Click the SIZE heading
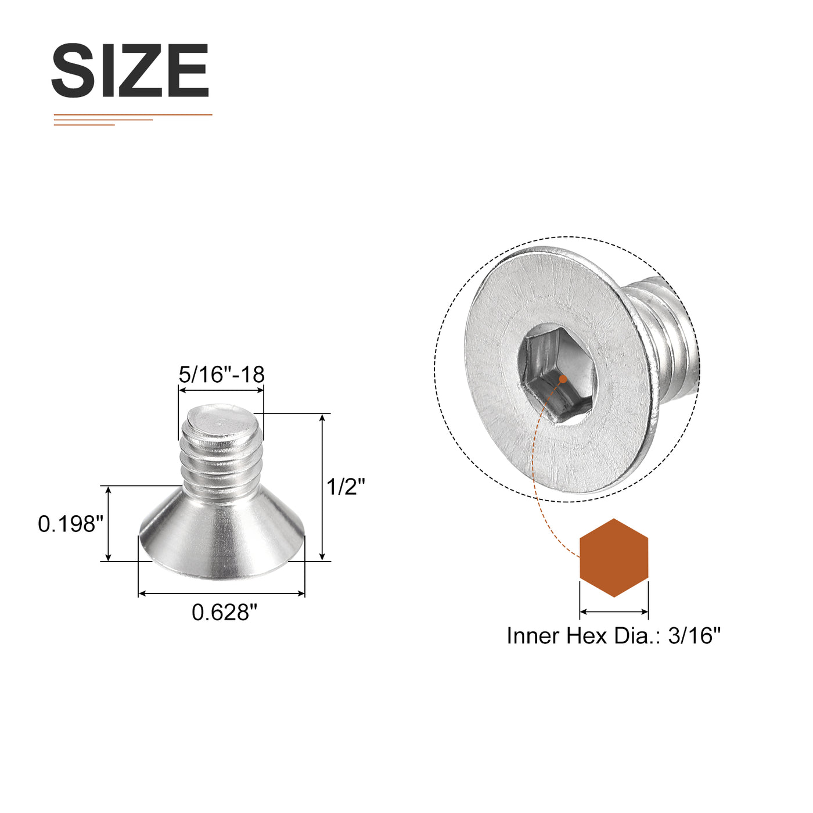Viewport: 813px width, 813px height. [x=130, y=71]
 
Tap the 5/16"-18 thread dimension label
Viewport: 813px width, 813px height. [x=221, y=375]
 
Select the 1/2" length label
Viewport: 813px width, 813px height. [x=346, y=487]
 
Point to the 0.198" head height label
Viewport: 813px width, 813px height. [x=70, y=524]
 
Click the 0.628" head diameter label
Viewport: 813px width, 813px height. [x=224, y=613]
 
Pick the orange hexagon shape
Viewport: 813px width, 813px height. [x=614, y=558]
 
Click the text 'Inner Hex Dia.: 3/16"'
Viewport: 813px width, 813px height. [x=613, y=636]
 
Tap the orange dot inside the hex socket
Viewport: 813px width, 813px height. [x=562, y=379]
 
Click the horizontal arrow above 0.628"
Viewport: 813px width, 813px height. [x=221, y=593]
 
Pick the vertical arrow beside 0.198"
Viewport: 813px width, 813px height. [x=108, y=524]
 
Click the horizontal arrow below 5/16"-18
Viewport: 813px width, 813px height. [x=221, y=391]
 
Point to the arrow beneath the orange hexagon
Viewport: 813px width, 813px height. [x=614, y=611]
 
